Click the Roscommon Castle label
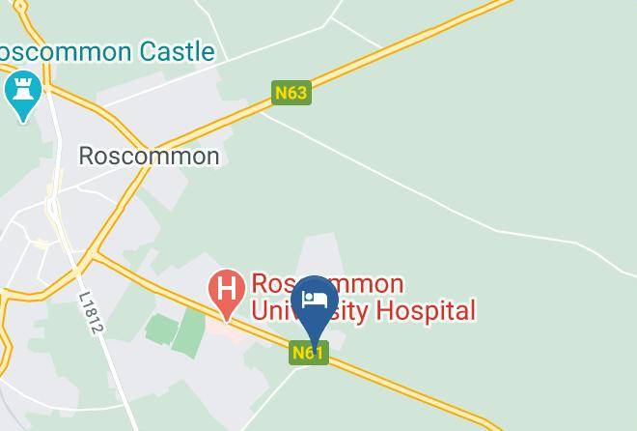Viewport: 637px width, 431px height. [x=106, y=51]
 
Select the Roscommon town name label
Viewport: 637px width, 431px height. [x=149, y=156]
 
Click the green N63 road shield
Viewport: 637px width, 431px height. [x=291, y=93]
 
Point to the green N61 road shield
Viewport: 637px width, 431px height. [x=307, y=353]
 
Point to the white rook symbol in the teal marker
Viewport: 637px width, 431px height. [x=21, y=90]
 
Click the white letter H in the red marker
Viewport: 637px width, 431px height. [x=227, y=288]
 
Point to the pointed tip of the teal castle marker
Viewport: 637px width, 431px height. [x=22, y=121]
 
